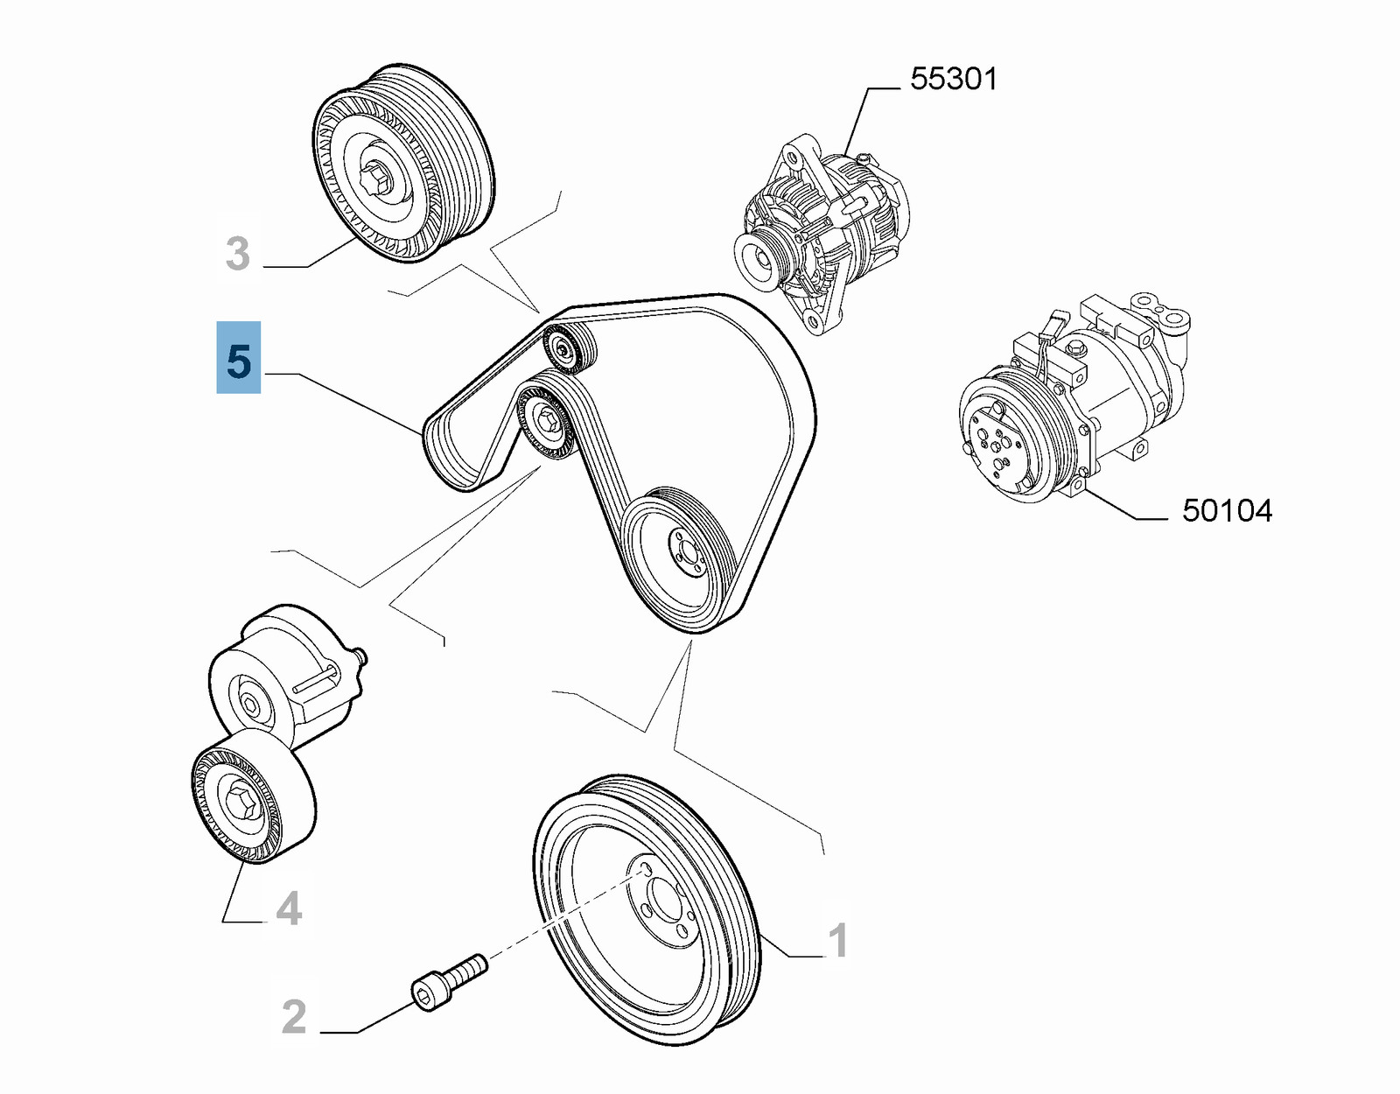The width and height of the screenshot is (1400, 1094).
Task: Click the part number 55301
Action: tap(953, 79)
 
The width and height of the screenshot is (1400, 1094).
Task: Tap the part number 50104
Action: tap(1227, 510)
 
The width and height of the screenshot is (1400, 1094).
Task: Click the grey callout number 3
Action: tap(237, 254)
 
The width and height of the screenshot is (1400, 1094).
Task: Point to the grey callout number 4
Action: tap(288, 908)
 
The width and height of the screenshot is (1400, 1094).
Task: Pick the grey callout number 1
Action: tap(837, 941)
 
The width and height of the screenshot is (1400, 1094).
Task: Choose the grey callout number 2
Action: tap(294, 1017)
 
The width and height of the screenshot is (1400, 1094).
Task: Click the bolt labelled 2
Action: tap(447, 982)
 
